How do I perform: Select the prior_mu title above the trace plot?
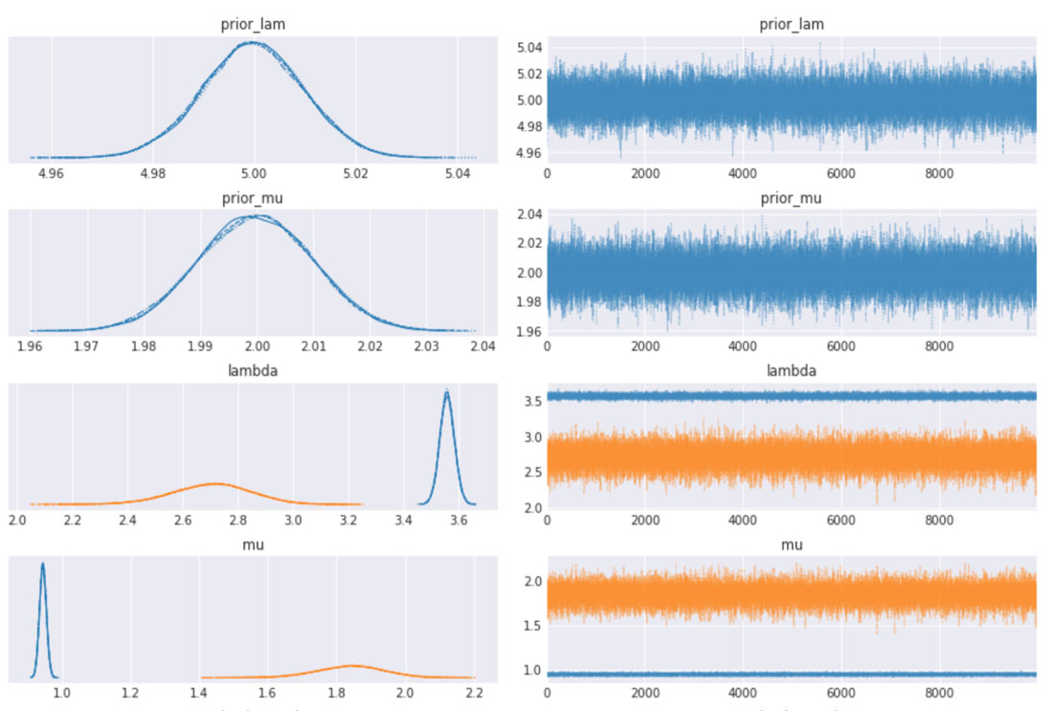click(790, 198)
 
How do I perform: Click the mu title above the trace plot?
click(790, 544)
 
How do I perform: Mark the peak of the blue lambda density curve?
click(446, 390)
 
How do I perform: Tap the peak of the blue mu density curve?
click(42, 564)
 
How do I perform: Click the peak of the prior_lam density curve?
click(252, 42)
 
